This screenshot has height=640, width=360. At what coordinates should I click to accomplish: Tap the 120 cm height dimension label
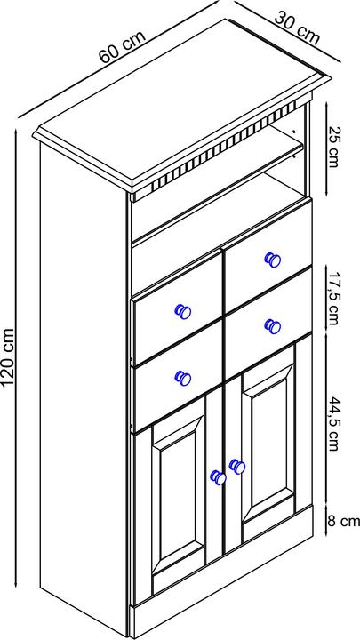(8, 356)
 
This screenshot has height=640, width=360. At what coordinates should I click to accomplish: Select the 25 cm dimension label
(333, 148)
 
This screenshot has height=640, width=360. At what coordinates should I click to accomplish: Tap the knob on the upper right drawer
(272, 259)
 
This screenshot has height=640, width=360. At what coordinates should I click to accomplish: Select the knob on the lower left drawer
(183, 378)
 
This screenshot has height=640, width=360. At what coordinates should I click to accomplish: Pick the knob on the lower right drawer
(273, 325)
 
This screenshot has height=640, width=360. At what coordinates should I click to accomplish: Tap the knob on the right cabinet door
(236, 465)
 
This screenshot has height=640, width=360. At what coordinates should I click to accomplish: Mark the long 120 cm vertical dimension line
(20, 356)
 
